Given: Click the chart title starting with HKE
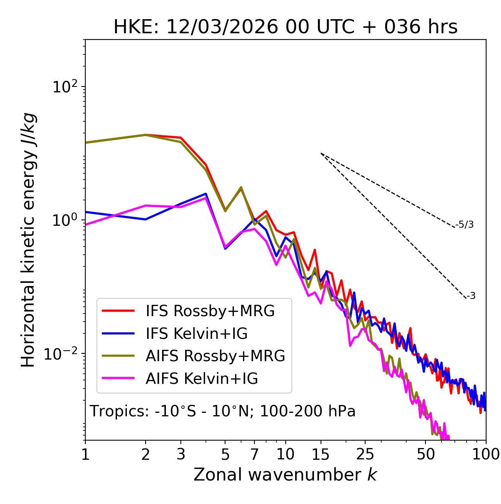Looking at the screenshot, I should click(285, 27).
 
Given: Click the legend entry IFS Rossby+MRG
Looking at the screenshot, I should click(210, 311).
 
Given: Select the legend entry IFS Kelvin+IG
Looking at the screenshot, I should click(196, 333).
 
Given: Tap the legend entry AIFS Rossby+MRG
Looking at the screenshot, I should click(215, 356).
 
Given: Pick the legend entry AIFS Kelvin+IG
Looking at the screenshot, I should click(202, 379).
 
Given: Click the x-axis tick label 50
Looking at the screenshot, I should click(426, 454).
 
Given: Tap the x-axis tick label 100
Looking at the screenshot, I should click(486, 454).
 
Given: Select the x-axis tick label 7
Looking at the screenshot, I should click(254, 454).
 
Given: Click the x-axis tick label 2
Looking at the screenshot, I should click(146, 454).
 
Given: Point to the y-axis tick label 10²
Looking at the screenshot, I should click(65, 86).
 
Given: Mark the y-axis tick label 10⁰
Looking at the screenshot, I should click(65, 220).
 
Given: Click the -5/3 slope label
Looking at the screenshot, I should click(465, 225).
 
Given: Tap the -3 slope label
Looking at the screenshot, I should click(471, 296).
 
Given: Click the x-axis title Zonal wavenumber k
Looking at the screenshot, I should click(285, 475).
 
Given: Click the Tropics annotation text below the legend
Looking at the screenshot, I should click(223, 411).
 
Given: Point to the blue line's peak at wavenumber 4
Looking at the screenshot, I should click(206, 194).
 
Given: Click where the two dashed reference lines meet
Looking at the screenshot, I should click(321, 153).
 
